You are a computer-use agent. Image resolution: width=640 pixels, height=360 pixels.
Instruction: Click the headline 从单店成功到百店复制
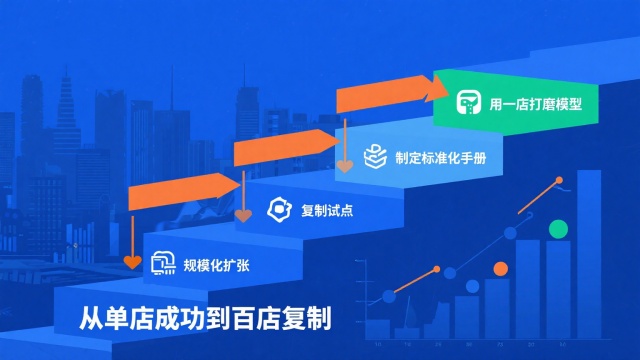[205, 319]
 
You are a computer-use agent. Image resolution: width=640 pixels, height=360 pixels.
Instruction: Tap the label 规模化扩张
[216, 265]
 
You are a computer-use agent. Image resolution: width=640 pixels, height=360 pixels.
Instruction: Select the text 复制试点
[327, 210]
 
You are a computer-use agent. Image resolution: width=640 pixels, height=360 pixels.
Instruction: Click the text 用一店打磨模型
[535, 103]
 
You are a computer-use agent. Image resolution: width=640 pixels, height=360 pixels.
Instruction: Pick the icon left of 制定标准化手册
[373, 156]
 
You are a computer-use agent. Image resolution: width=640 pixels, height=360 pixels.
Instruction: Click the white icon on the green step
[468, 103]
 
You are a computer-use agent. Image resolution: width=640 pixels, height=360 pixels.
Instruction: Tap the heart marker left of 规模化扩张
[132, 263]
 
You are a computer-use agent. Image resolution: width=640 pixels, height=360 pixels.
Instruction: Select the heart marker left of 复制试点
[243, 213]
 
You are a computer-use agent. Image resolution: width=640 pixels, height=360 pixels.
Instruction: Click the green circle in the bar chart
[557, 229]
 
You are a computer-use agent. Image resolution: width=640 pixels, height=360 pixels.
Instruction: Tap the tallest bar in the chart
[589, 255]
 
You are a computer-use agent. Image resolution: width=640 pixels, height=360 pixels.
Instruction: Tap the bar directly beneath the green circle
[557, 290]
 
